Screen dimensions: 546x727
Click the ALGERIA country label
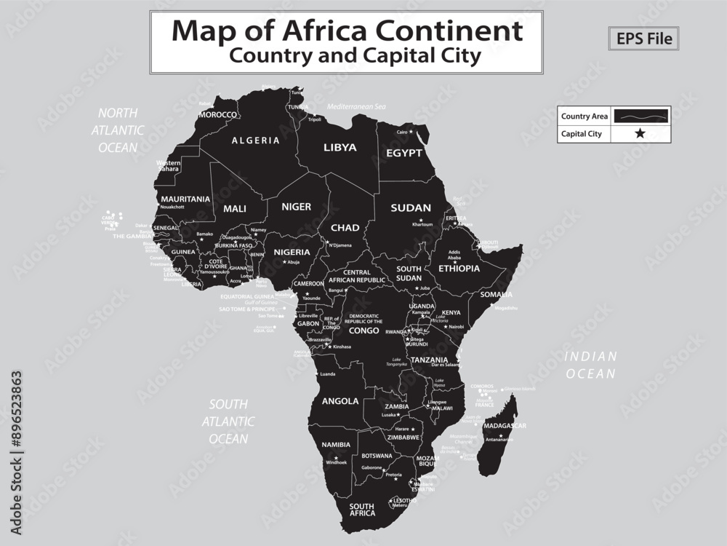(255, 141)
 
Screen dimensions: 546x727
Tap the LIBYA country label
(340, 147)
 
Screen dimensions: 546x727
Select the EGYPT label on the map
(403, 154)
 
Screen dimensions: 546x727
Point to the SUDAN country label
(411, 207)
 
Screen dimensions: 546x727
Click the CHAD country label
(345, 228)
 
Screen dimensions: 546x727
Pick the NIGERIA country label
(292, 252)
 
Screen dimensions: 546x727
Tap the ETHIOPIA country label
(459, 268)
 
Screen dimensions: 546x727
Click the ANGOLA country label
(340, 401)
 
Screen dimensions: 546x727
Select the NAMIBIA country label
(336, 444)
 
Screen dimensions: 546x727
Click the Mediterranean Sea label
(356, 107)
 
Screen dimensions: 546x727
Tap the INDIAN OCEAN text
(591, 365)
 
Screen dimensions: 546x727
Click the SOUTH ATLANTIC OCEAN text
(228, 422)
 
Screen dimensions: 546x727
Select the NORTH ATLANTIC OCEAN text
(118, 130)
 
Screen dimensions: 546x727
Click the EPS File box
(643, 39)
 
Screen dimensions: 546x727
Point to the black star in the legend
(640, 134)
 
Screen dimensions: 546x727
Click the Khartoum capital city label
(422, 225)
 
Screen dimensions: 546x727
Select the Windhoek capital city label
(337, 462)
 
